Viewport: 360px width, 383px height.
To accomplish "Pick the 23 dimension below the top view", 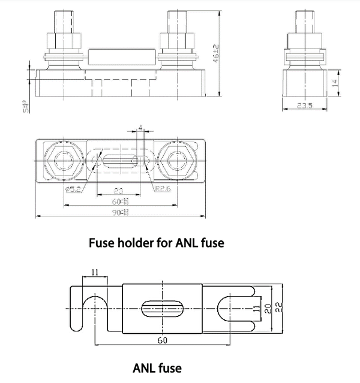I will [118, 191].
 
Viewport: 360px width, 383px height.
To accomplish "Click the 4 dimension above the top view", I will [140, 128].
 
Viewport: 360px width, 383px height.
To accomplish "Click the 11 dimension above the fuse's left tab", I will [94, 272].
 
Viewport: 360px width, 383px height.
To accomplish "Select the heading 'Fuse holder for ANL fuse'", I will [156, 243].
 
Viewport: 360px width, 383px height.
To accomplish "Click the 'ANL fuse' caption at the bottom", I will [157, 367].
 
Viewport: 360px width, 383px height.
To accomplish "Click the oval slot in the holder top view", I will [119, 162].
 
